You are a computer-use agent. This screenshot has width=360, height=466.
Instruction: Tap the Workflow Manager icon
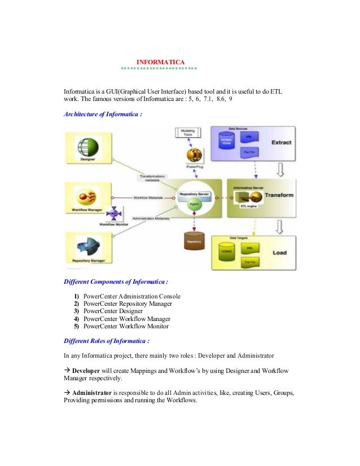(x=87, y=196)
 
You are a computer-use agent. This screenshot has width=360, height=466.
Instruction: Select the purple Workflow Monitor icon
(x=115, y=214)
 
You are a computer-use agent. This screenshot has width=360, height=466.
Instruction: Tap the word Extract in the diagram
(x=282, y=142)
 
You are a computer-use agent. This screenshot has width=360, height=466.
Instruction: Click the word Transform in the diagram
(x=279, y=195)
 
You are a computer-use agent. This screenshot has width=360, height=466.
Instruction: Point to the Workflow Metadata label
(x=148, y=197)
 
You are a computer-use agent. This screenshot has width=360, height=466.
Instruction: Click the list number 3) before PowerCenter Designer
(x=76, y=311)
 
